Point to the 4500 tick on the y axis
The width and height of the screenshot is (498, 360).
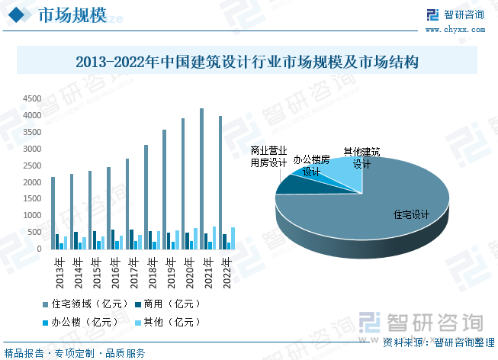coord(32,98)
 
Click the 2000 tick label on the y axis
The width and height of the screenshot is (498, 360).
coord(32,182)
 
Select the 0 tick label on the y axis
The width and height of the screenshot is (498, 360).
coord(38,249)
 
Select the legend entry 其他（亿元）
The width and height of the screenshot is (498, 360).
coord(165,322)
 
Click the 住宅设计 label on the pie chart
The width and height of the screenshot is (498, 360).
coord(411,214)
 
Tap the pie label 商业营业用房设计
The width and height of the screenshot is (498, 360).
coord(269,156)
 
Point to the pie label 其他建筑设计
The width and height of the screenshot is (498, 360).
coord(361,158)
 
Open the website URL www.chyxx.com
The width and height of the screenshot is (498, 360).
coord(456,29)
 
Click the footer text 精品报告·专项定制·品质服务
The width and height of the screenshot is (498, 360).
coord(75,353)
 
